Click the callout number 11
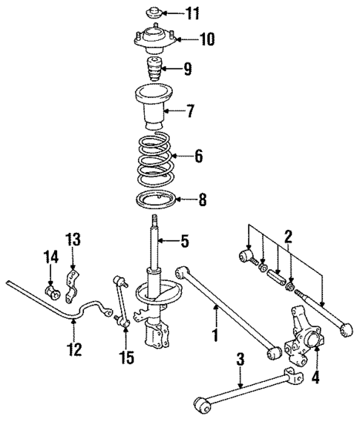tap(193, 13)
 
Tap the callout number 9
tap(188, 70)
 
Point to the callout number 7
tap(190, 113)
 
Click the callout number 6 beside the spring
tap(197, 156)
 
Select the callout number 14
tap(50, 257)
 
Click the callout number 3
tap(240, 361)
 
